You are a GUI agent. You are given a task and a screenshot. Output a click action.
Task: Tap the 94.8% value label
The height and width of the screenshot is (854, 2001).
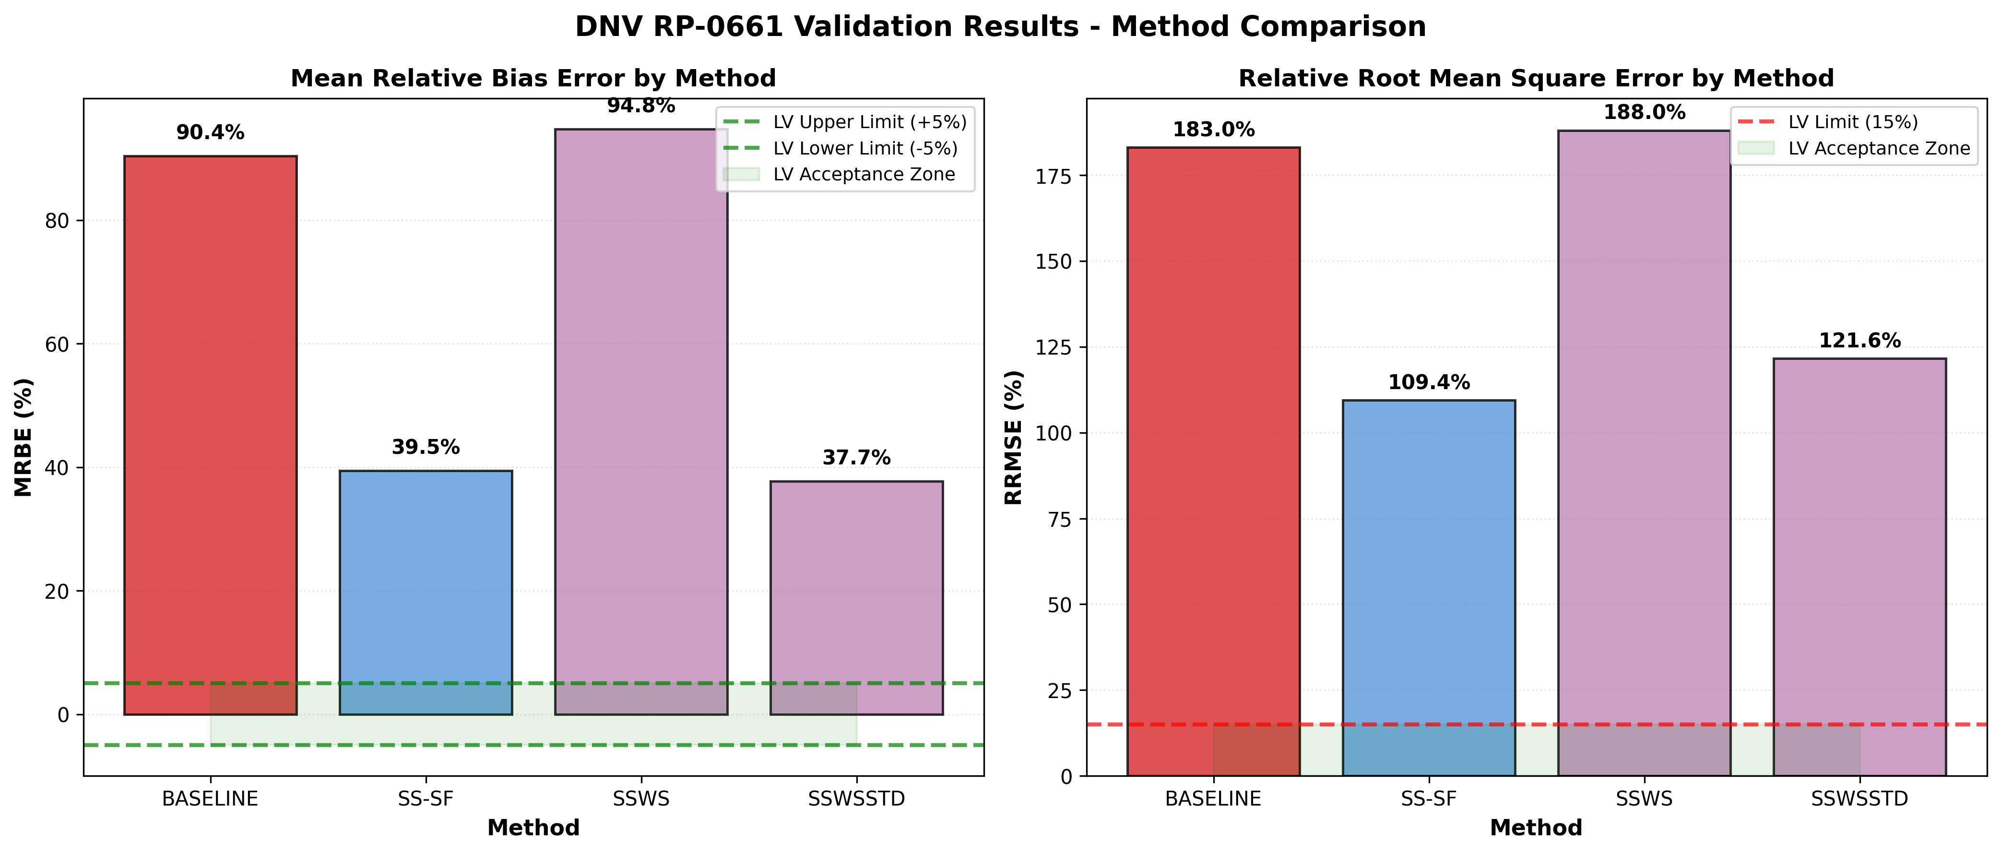pos(641,106)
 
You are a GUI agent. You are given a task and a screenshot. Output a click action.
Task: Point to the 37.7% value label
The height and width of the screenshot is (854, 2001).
pos(856,458)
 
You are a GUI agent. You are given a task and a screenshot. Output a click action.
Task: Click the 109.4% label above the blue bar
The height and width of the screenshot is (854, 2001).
pos(1429,382)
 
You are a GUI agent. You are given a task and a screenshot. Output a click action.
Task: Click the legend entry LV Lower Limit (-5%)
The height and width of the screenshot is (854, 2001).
pos(864,148)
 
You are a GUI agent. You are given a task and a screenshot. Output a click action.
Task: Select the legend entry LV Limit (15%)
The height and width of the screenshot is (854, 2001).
pos(1852,122)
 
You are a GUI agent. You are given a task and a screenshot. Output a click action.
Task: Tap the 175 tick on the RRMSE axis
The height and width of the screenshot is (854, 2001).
pos(1054,177)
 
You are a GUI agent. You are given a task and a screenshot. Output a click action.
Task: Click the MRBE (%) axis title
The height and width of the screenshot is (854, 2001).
pos(24,437)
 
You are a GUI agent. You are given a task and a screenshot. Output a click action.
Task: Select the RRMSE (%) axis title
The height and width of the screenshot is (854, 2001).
pos(1014,437)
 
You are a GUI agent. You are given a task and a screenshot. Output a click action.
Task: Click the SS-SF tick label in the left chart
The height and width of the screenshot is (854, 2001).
pos(425,799)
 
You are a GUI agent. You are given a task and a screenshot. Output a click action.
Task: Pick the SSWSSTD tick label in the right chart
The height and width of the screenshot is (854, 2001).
pos(1859,799)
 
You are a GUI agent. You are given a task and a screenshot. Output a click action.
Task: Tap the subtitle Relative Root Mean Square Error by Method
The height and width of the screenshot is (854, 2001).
pos(1536,79)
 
